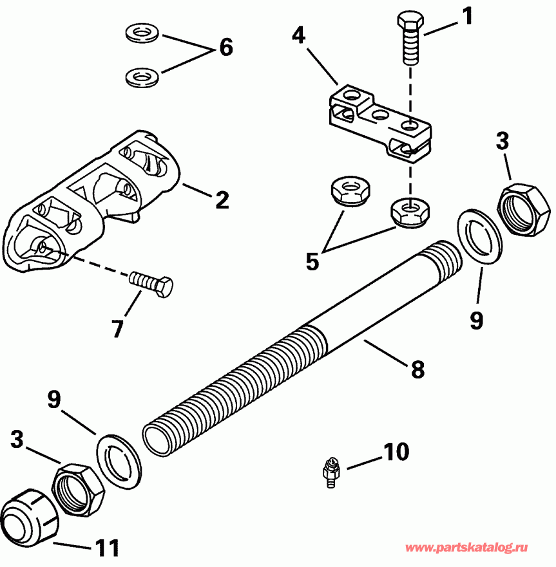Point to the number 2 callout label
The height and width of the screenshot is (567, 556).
[x=221, y=200]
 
